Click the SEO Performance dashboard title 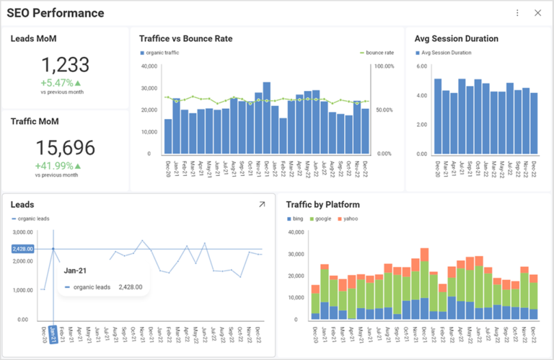56,13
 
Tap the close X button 537,13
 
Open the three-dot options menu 517,13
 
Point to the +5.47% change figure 57,82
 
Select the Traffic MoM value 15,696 65,148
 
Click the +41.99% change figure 55,166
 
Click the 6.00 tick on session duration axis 421,66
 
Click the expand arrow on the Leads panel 262,205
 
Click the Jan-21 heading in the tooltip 76,271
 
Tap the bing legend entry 295,219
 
